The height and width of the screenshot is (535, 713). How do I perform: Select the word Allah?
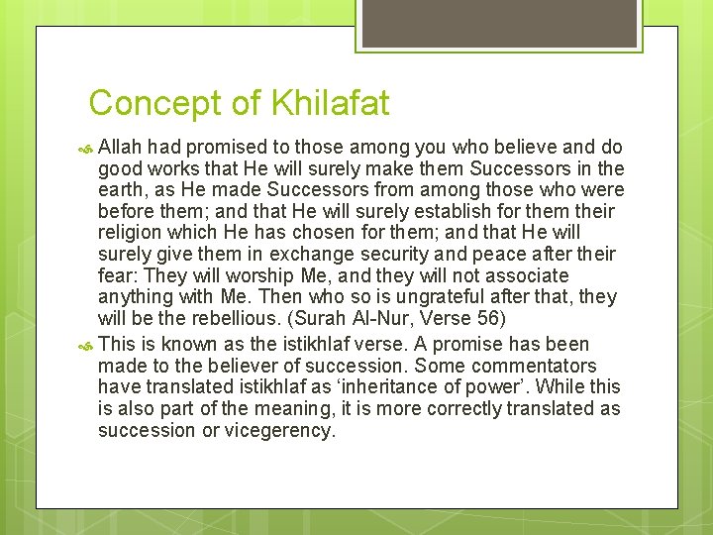pos(122,147)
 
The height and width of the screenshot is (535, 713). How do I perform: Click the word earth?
pos(122,189)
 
